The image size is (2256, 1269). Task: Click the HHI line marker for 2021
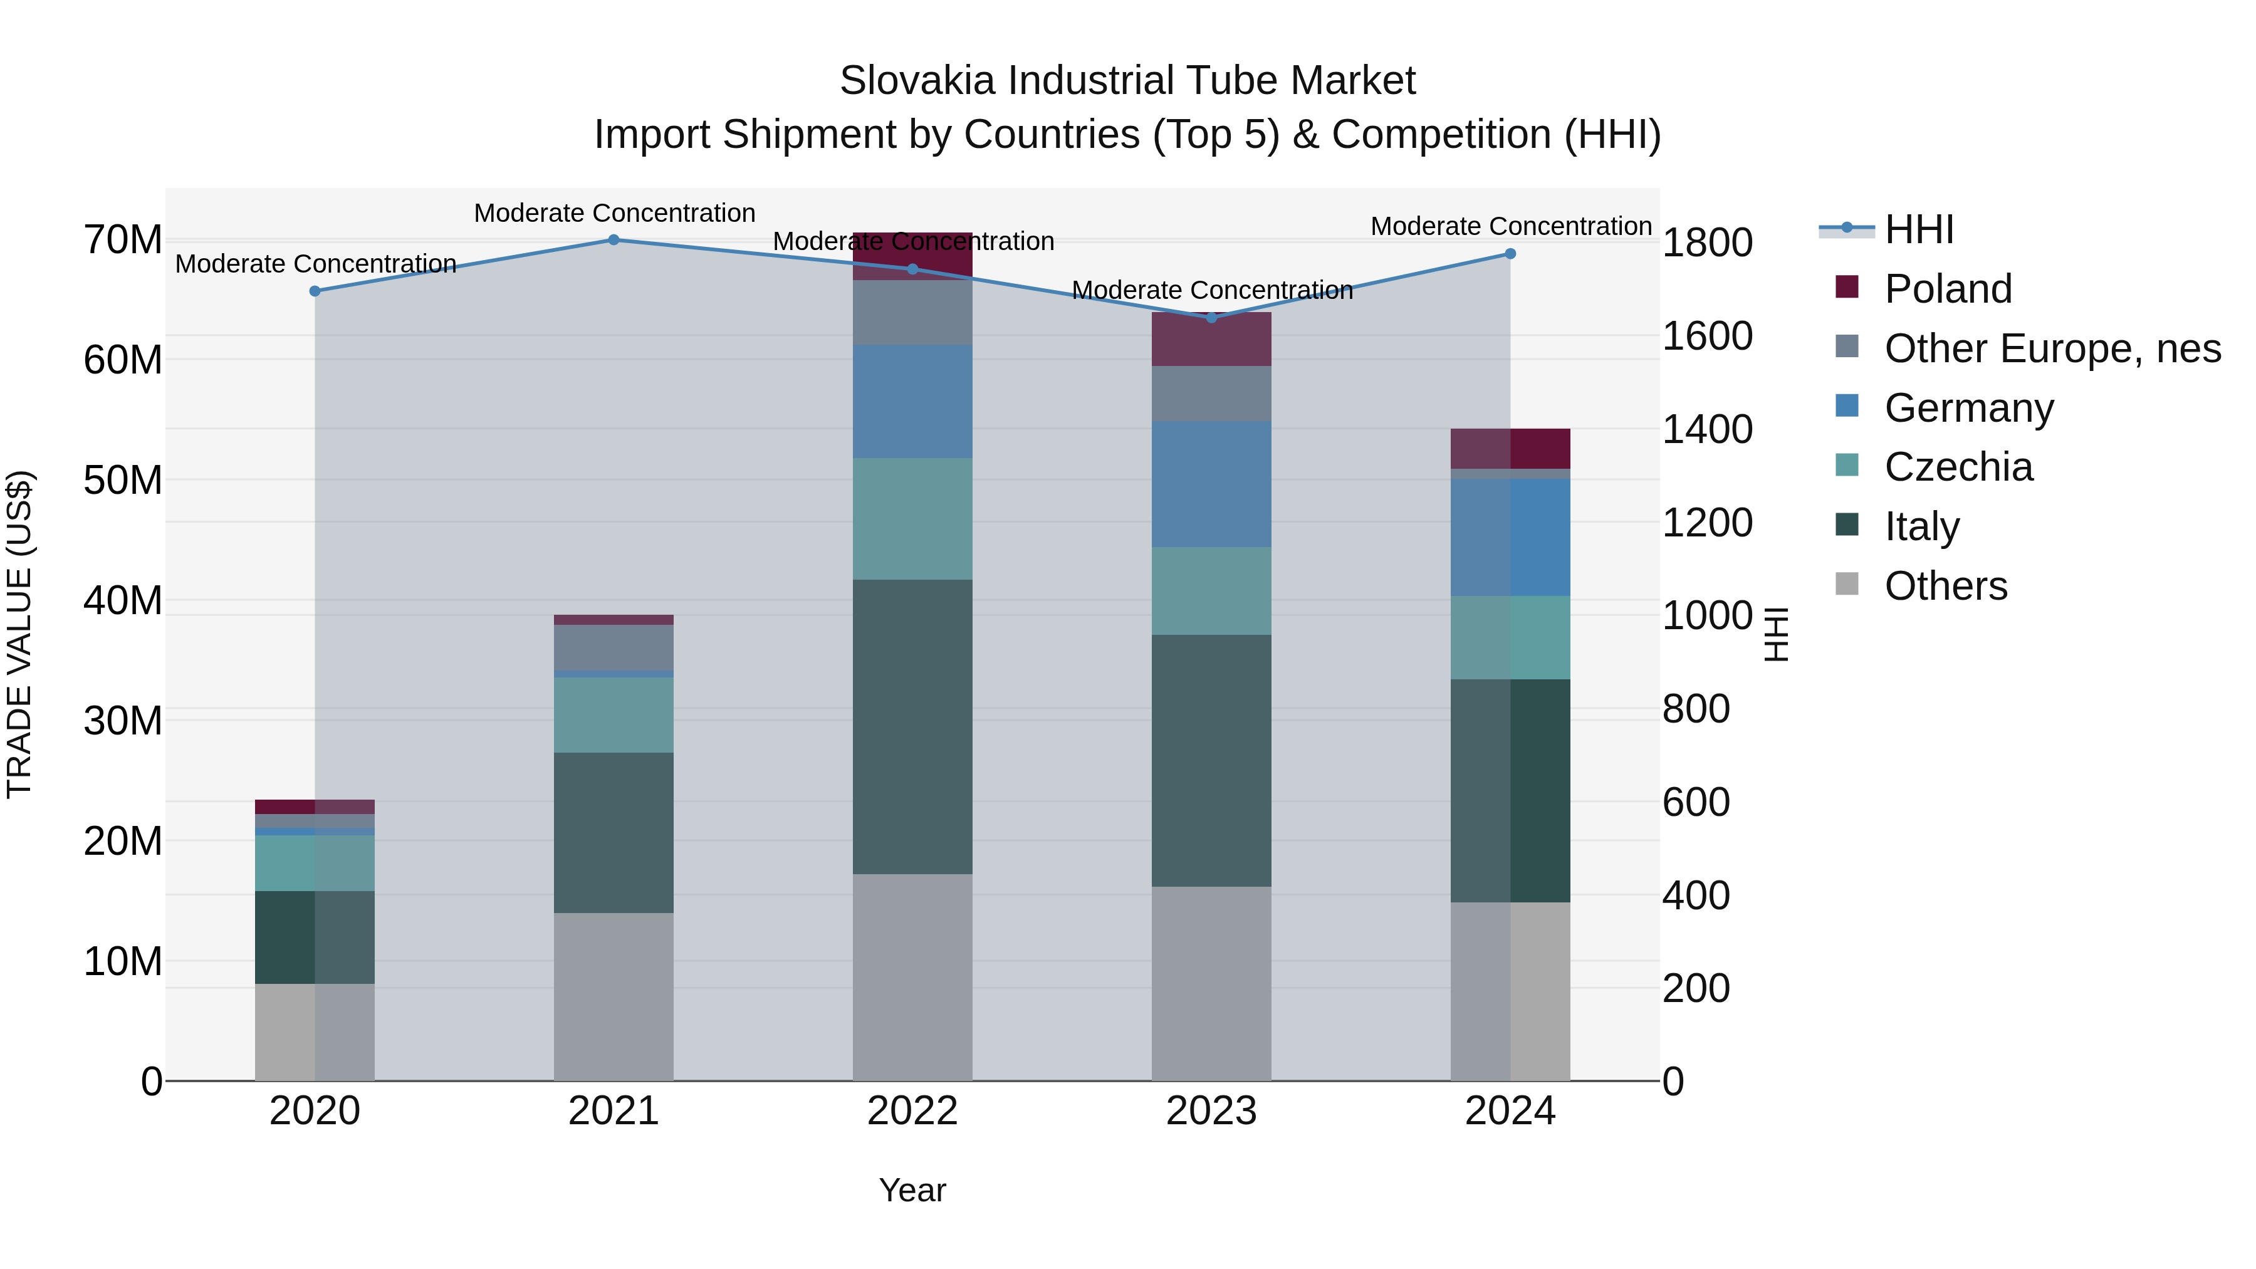click(614, 240)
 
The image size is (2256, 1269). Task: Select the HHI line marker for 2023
click(1211, 318)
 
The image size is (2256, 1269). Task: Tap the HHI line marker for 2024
click(1510, 254)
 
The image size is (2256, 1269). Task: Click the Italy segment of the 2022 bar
click(912, 727)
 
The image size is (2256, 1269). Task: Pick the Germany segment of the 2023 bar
click(1211, 484)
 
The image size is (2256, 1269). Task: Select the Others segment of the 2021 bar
click(614, 996)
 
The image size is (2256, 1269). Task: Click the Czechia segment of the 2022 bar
click(912, 518)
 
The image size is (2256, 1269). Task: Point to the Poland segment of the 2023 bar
click(1211, 340)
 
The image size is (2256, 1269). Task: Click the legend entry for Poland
click(1948, 289)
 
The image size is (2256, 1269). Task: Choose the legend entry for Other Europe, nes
click(2052, 348)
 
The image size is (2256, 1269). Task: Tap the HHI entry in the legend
click(1918, 229)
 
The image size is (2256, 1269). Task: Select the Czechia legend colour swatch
click(1846, 466)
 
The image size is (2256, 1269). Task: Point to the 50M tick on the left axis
click(123, 481)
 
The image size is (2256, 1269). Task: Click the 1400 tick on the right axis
click(1707, 429)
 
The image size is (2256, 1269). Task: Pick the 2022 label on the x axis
click(912, 1111)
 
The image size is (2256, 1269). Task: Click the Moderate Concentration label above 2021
click(614, 213)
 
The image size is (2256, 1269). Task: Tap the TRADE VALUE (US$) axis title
click(19, 634)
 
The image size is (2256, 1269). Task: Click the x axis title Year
click(912, 1190)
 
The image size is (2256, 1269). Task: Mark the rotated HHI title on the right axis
click(1775, 634)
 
